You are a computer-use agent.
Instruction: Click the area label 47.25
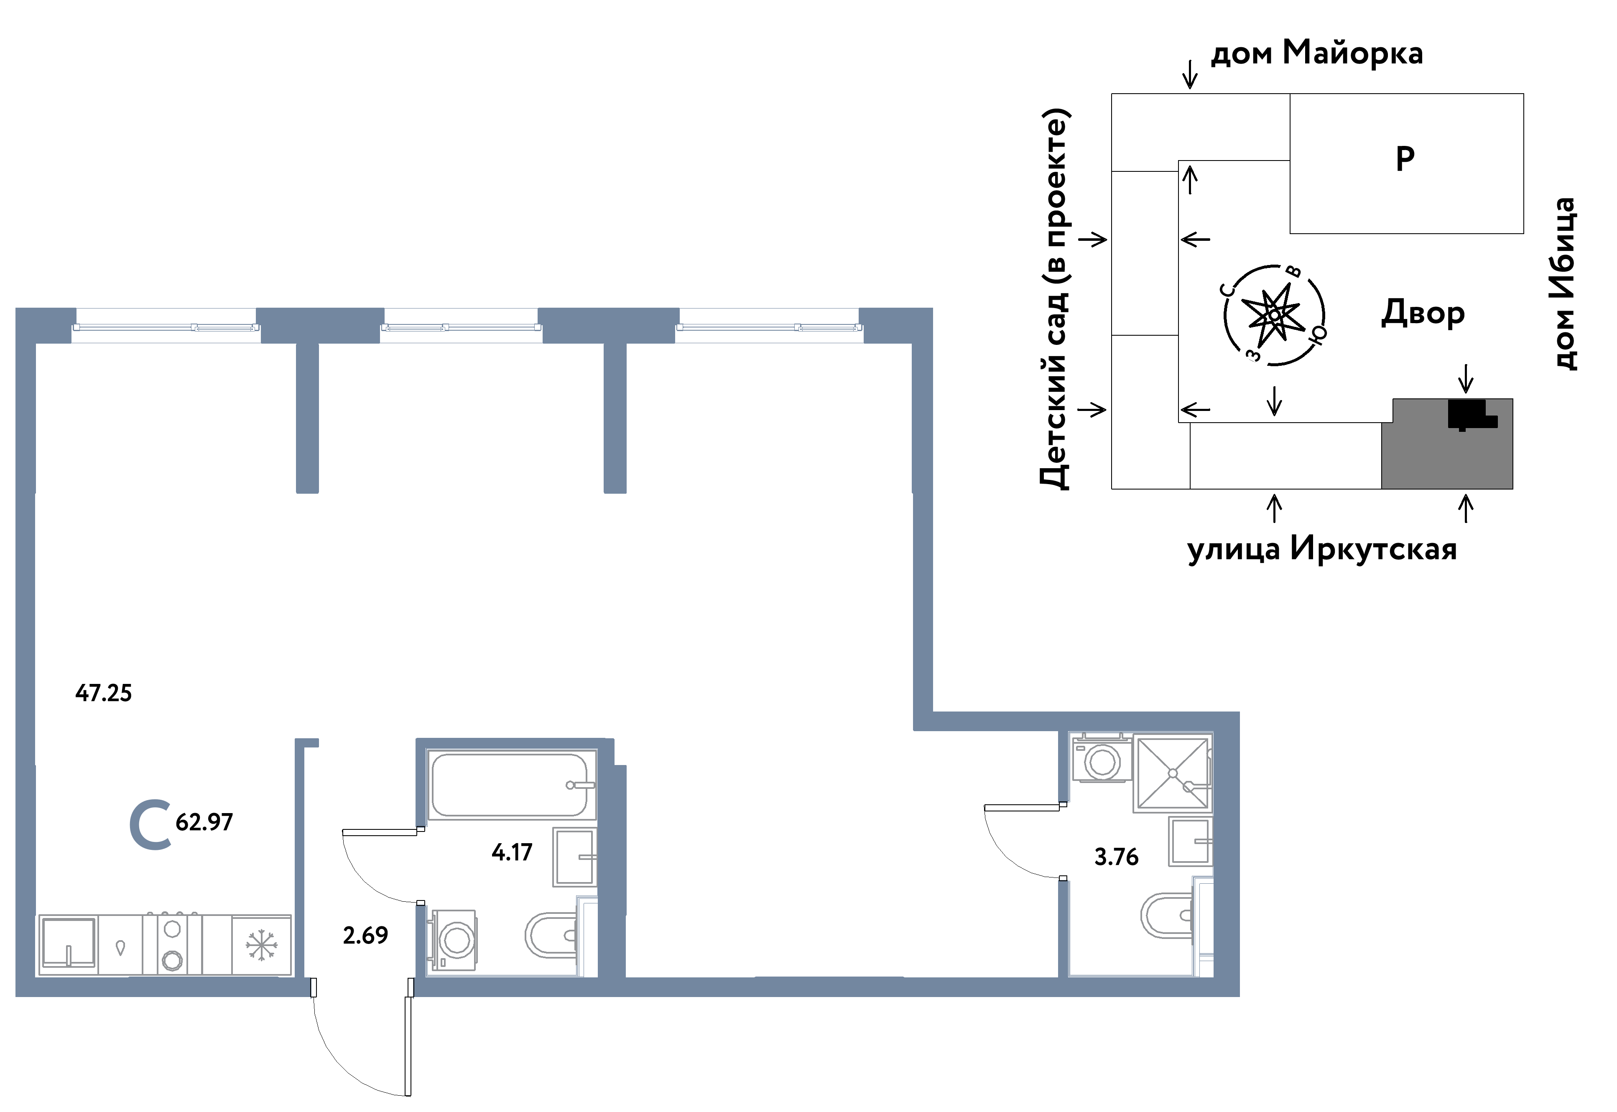(x=103, y=693)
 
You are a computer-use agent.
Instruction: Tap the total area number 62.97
(x=204, y=822)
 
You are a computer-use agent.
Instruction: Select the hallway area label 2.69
(x=365, y=935)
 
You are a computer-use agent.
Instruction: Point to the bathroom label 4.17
(x=512, y=852)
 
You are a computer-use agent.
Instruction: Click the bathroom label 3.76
(x=1116, y=857)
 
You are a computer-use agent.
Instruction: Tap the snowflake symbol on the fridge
(x=261, y=946)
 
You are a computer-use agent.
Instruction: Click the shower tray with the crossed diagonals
(x=1173, y=773)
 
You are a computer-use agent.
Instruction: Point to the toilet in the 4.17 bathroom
(x=551, y=936)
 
